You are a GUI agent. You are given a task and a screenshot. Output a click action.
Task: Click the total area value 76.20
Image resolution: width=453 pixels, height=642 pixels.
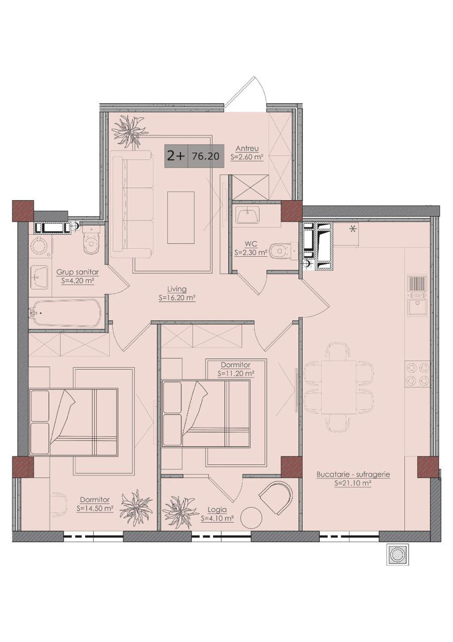click(x=205, y=156)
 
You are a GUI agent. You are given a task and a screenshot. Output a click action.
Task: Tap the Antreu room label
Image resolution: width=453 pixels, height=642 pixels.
click(x=247, y=149)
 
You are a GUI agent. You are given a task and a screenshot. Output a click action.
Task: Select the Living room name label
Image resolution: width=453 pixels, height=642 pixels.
click(x=177, y=289)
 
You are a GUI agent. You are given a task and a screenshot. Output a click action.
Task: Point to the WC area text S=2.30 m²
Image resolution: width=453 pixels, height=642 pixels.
click(x=251, y=253)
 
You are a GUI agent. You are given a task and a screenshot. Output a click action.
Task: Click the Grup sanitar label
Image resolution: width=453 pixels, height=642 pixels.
click(x=78, y=272)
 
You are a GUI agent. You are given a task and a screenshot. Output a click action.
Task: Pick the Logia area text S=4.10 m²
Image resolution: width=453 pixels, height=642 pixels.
click(x=217, y=518)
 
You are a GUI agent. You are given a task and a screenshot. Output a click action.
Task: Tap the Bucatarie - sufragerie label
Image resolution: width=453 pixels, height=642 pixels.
click(x=353, y=475)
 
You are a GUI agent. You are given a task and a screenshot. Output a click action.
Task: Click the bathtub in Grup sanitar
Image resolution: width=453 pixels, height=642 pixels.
click(x=67, y=312)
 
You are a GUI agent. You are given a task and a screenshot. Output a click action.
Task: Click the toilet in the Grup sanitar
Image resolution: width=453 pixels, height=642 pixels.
click(x=91, y=239)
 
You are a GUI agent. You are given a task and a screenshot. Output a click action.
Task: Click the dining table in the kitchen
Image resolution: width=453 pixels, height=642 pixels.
click(x=339, y=387)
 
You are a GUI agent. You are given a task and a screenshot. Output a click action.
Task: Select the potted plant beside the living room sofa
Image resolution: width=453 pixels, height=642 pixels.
click(x=129, y=131)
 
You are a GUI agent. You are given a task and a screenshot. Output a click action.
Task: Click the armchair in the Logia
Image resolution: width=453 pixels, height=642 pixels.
click(x=276, y=498)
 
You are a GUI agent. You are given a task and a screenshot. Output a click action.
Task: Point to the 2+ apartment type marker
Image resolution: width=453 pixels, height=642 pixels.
click(x=175, y=156)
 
